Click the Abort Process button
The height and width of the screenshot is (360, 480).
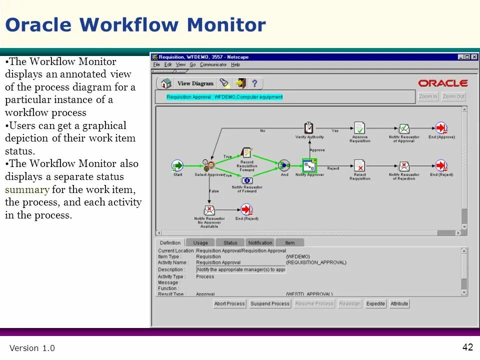[229, 303]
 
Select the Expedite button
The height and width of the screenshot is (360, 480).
[375, 303]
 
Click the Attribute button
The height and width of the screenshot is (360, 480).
[399, 303]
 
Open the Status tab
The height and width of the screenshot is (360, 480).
[230, 242]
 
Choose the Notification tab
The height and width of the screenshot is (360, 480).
[260, 242]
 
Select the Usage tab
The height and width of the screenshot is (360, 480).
[200, 242]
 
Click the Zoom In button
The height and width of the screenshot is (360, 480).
[428, 96]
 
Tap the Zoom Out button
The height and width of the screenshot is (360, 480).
[453, 96]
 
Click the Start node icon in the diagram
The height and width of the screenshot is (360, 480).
[177, 165]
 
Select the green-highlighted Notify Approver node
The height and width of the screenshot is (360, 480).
[309, 165]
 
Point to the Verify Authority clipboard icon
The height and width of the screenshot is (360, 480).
[309, 128]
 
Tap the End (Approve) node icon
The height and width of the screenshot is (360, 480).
[441, 128]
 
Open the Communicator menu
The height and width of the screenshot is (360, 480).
[213, 64]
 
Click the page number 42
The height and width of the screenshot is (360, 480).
[467, 347]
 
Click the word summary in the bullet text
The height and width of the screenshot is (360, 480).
[27, 189]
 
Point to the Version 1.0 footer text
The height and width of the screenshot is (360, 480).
[32, 348]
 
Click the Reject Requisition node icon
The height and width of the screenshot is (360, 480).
[359, 165]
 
